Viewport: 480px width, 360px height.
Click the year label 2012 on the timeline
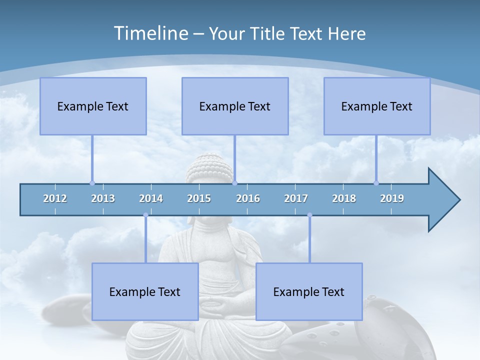(x=55, y=198)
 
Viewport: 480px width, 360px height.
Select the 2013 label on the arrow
(x=103, y=198)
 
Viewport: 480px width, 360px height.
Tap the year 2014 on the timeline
(x=151, y=198)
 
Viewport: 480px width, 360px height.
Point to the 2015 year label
(x=199, y=198)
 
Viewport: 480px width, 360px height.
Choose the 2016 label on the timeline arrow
(x=248, y=198)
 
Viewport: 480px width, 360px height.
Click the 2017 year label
(x=296, y=198)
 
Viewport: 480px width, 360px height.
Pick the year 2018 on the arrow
(x=344, y=198)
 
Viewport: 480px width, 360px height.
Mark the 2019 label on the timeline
(x=392, y=198)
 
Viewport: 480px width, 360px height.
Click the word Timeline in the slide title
(x=150, y=33)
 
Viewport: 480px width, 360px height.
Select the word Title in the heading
(x=268, y=33)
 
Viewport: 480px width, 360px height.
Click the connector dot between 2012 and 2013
(x=92, y=183)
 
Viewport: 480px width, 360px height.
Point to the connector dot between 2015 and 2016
(x=234, y=183)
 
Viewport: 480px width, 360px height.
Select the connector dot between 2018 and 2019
(x=376, y=183)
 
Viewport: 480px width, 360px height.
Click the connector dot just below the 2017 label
(x=309, y=215)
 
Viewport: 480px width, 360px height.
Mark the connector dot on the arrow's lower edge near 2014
(x=145, y=215)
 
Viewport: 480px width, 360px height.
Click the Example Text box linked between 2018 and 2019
(x=377, y=106)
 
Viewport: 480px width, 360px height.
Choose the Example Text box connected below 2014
(x=145, y=291)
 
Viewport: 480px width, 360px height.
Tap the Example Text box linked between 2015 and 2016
(x=235, y=106)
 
